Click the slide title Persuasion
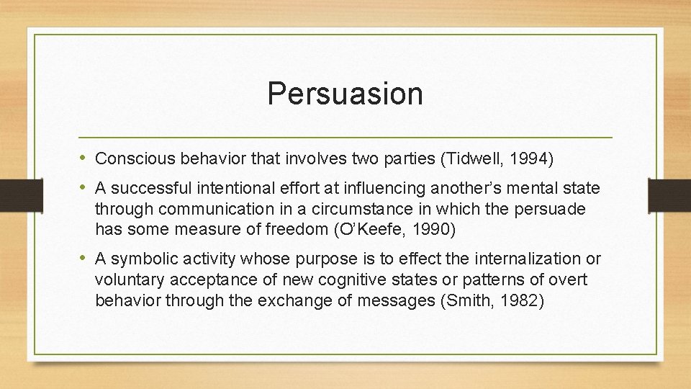(x=345, y=94)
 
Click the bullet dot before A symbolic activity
(x=84, y=258)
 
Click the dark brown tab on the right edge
(x=669, y=194)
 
